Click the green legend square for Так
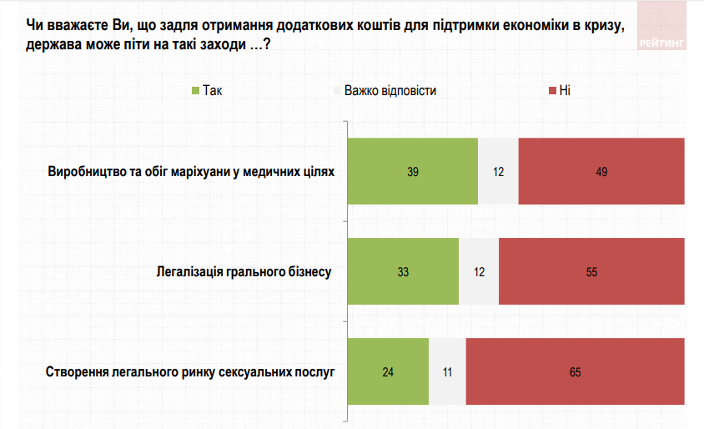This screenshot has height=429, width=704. pos(195,90)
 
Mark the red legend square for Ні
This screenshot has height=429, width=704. pos(551,90)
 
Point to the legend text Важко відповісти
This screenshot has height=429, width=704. pos(390,90)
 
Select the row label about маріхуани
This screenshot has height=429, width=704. pos(191,172)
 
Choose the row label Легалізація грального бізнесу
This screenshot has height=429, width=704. pos(244,272)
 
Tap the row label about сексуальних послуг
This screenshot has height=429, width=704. pos(189,372)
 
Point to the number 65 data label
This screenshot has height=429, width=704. pos(575,372)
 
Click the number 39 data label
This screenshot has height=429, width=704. pos(412,172)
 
